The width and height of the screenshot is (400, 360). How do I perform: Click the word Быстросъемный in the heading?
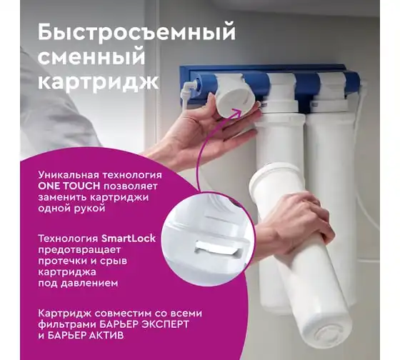[136, 33]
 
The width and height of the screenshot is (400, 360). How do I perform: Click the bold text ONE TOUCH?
[69, 186]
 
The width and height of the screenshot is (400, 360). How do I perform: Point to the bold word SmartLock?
[129, 239]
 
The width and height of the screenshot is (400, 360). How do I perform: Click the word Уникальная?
[69, 175]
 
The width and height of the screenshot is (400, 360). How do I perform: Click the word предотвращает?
[79, 250]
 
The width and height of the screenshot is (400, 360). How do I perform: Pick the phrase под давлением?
[78, 284]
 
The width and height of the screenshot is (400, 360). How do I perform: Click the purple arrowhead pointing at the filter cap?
[236, 111]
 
